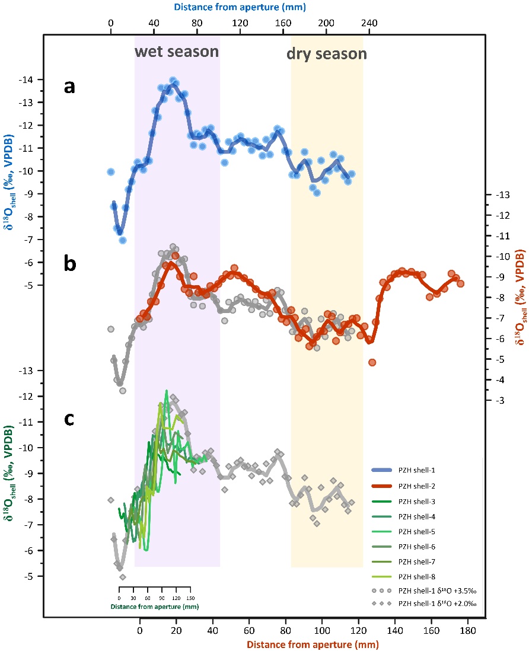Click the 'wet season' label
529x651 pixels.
[x=177, y=52]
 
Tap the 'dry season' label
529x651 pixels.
[x=327, y=54]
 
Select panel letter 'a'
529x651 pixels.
[x=71, y=87]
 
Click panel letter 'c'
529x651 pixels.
[x=69, y=419]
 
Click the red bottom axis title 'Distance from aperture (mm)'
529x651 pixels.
[x=313, y=643]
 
